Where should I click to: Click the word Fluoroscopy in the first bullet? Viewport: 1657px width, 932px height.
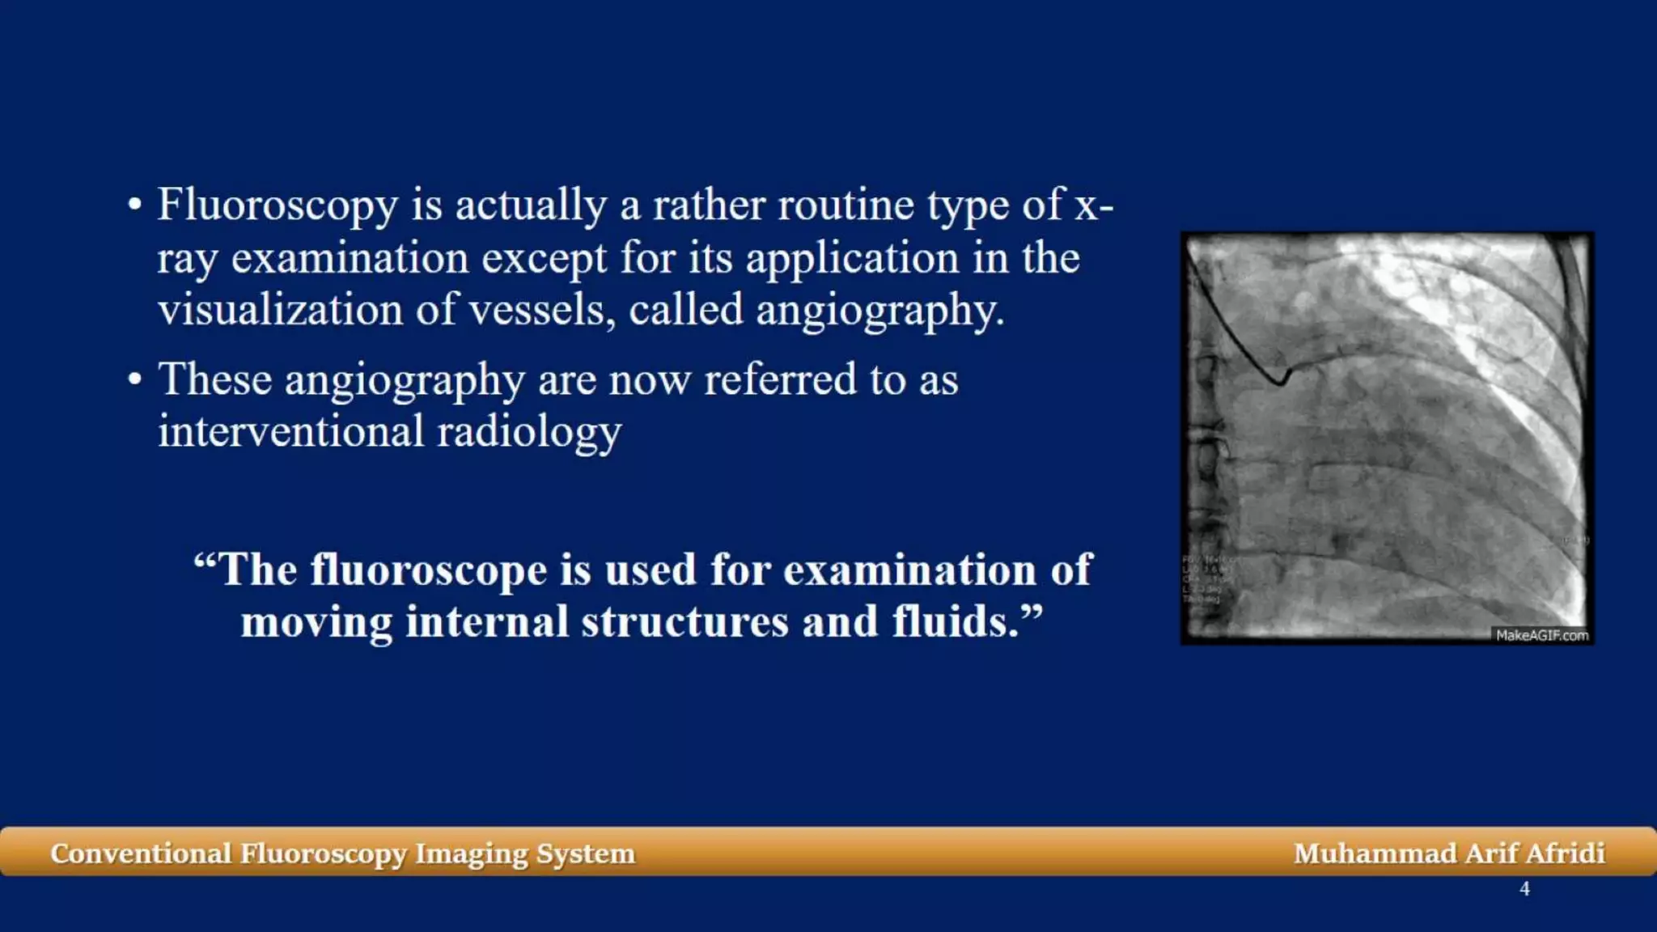pos(277,205)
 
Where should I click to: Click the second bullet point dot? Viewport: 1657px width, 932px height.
pos(135,379)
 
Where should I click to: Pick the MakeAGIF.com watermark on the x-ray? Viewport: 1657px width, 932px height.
pos(1541,636)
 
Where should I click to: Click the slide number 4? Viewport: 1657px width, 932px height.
pos(1524,889)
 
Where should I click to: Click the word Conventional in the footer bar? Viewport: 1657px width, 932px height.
pos(141,854)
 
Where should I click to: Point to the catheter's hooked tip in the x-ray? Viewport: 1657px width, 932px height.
pos(1281,378)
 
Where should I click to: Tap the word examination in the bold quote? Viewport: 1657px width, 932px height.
pos(909,570)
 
